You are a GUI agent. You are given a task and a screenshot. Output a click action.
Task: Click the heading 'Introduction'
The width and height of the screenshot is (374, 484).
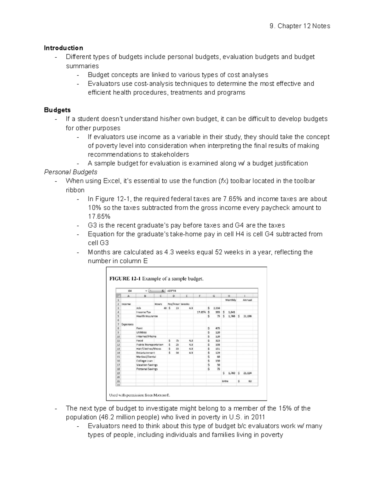click(63, 48)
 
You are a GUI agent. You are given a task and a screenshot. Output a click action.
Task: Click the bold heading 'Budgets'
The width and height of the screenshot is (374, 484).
click(57, 110)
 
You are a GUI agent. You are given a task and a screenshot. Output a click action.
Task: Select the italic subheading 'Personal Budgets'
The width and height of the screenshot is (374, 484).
click(71, 172)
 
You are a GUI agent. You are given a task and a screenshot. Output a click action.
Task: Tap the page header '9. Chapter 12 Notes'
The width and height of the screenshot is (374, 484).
click(300, 26)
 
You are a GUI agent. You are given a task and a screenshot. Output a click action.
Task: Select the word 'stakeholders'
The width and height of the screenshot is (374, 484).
click(170, 155)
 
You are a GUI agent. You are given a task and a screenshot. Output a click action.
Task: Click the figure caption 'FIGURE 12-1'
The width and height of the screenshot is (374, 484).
click(125, 279)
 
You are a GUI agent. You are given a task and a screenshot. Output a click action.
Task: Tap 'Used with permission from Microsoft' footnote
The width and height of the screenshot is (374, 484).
click(140, 395)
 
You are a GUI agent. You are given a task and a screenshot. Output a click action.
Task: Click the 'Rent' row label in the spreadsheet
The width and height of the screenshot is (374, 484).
click(139, 328)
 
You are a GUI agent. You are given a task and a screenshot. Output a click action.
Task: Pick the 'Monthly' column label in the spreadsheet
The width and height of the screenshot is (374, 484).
click(231, 300)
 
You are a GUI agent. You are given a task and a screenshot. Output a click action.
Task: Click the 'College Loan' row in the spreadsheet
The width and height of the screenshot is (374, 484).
click(144, 361)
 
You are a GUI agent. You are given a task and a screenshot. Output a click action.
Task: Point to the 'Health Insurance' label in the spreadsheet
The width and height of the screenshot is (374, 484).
click(147, 316)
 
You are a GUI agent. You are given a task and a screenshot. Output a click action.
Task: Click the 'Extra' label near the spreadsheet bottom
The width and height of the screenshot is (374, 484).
click(225, 381)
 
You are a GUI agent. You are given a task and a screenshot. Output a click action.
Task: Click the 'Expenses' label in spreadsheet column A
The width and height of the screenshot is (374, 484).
click(127, 324)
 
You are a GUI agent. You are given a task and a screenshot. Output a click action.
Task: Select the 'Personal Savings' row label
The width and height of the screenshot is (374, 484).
click(147, 369)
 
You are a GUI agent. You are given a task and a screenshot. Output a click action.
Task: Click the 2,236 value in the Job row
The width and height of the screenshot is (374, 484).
click(216, 308)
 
